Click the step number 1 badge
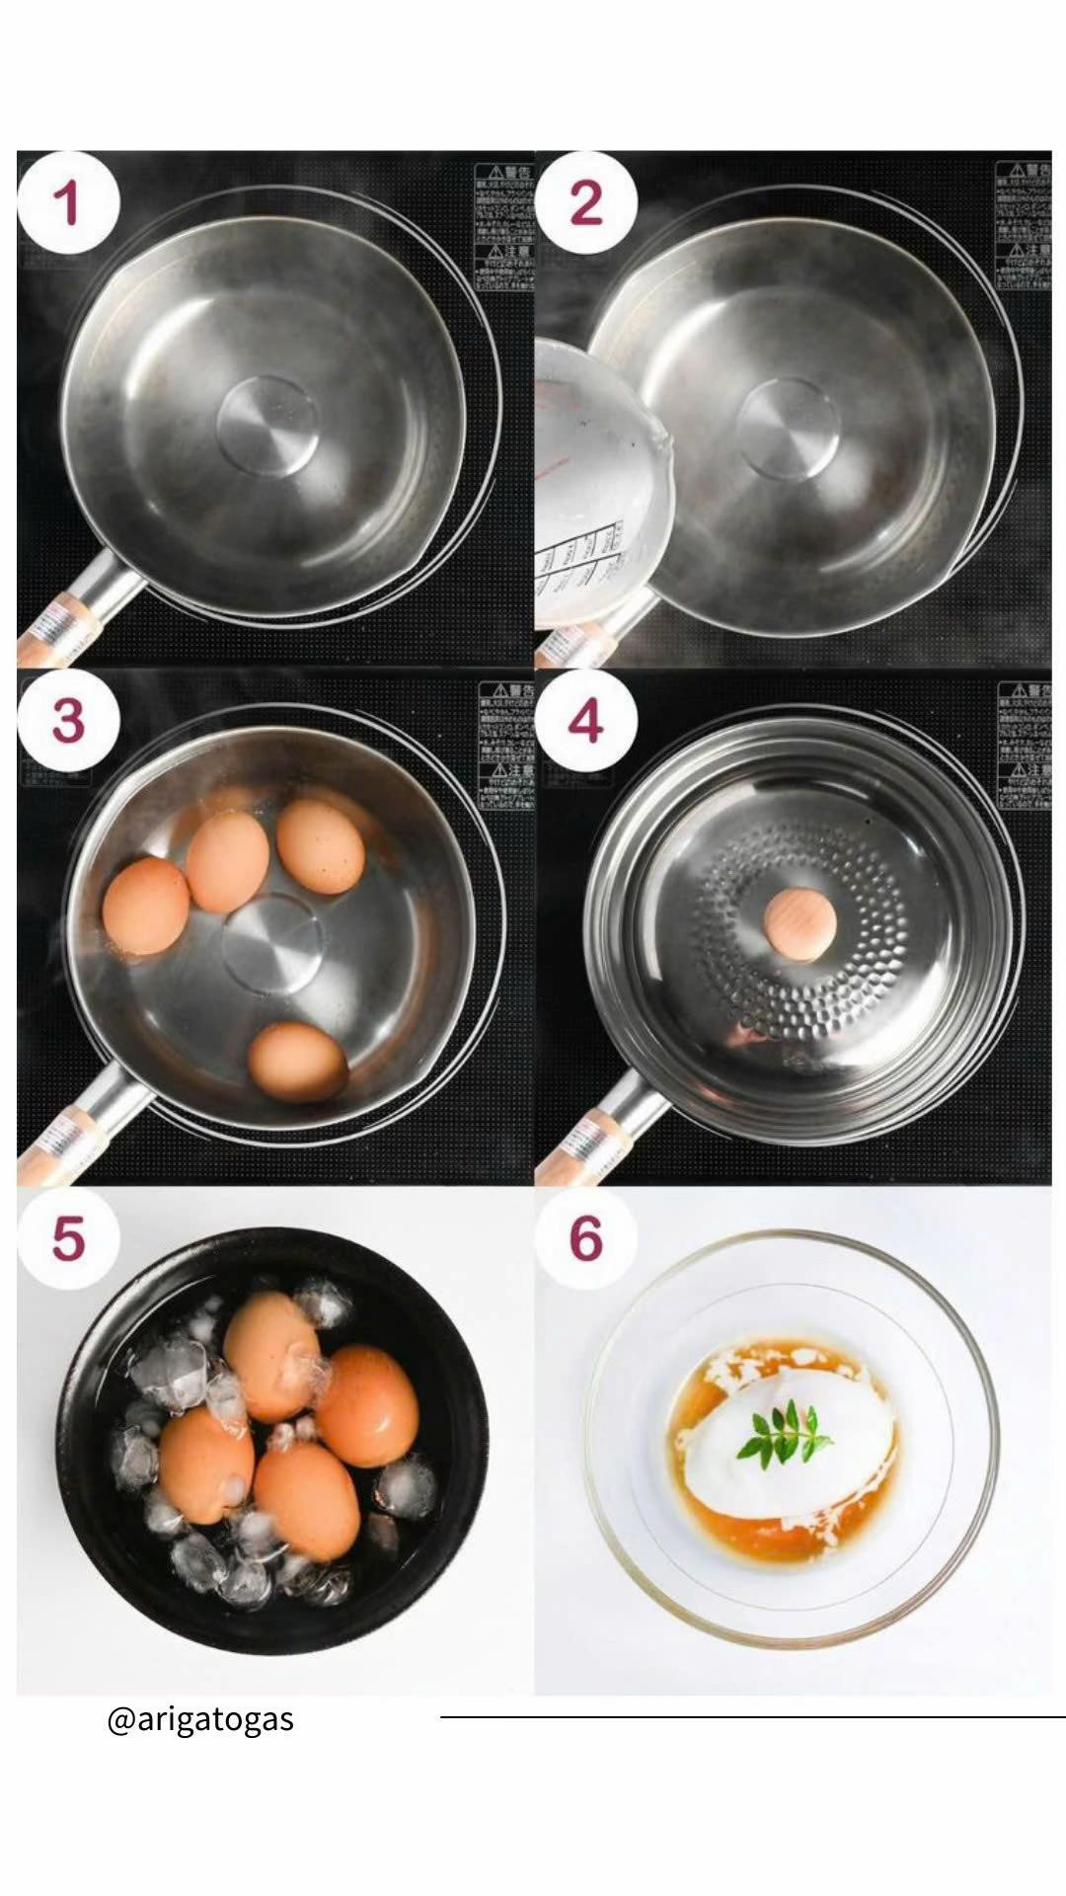click(67, 204)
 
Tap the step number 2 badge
click(585, 204)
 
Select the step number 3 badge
click(67, 721)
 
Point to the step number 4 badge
click(585, 721)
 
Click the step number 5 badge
click(67, 1237)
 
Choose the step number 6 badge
click(585, 1237)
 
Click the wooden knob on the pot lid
click(799, 923)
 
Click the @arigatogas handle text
click(200, 1719)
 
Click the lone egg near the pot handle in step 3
click(296, 1062)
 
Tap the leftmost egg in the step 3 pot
click(145, 906)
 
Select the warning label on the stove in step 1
click(503, 227)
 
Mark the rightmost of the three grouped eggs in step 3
click(320, 846)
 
